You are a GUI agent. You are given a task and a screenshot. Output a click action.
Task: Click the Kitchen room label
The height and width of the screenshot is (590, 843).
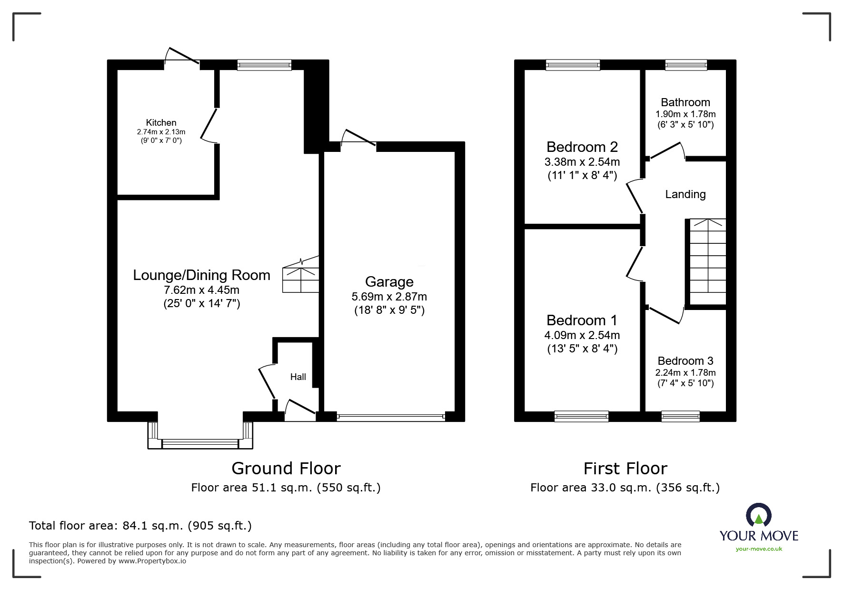161,123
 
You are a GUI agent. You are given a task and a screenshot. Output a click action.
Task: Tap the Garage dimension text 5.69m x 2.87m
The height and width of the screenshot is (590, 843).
389,297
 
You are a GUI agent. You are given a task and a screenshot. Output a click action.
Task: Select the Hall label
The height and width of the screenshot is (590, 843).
298,377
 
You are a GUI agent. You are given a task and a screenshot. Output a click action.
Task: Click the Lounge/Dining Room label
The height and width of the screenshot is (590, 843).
201,275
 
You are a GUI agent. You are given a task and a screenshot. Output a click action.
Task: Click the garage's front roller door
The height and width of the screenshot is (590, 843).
390,417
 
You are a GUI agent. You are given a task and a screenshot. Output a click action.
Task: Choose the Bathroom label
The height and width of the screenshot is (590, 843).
685,102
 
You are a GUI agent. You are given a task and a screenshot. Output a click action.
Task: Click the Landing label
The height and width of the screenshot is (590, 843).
685,194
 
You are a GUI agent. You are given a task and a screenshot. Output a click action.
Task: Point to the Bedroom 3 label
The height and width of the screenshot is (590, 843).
685,361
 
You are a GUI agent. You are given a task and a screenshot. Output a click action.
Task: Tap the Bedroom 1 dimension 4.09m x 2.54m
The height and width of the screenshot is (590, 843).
582,335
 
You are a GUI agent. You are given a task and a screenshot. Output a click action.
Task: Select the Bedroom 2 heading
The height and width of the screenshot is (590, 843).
582,147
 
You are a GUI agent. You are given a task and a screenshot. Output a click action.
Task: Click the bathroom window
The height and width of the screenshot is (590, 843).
686,65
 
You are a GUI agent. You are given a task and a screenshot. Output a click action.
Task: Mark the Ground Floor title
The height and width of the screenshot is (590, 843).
286,469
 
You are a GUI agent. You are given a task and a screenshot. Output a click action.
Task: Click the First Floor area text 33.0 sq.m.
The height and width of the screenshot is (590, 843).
625,488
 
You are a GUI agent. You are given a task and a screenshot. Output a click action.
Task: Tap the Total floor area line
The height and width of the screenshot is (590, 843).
140,526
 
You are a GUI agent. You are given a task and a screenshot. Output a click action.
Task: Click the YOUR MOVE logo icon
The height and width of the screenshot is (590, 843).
758,515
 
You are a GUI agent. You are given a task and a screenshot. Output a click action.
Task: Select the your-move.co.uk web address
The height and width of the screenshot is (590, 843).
759,549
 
